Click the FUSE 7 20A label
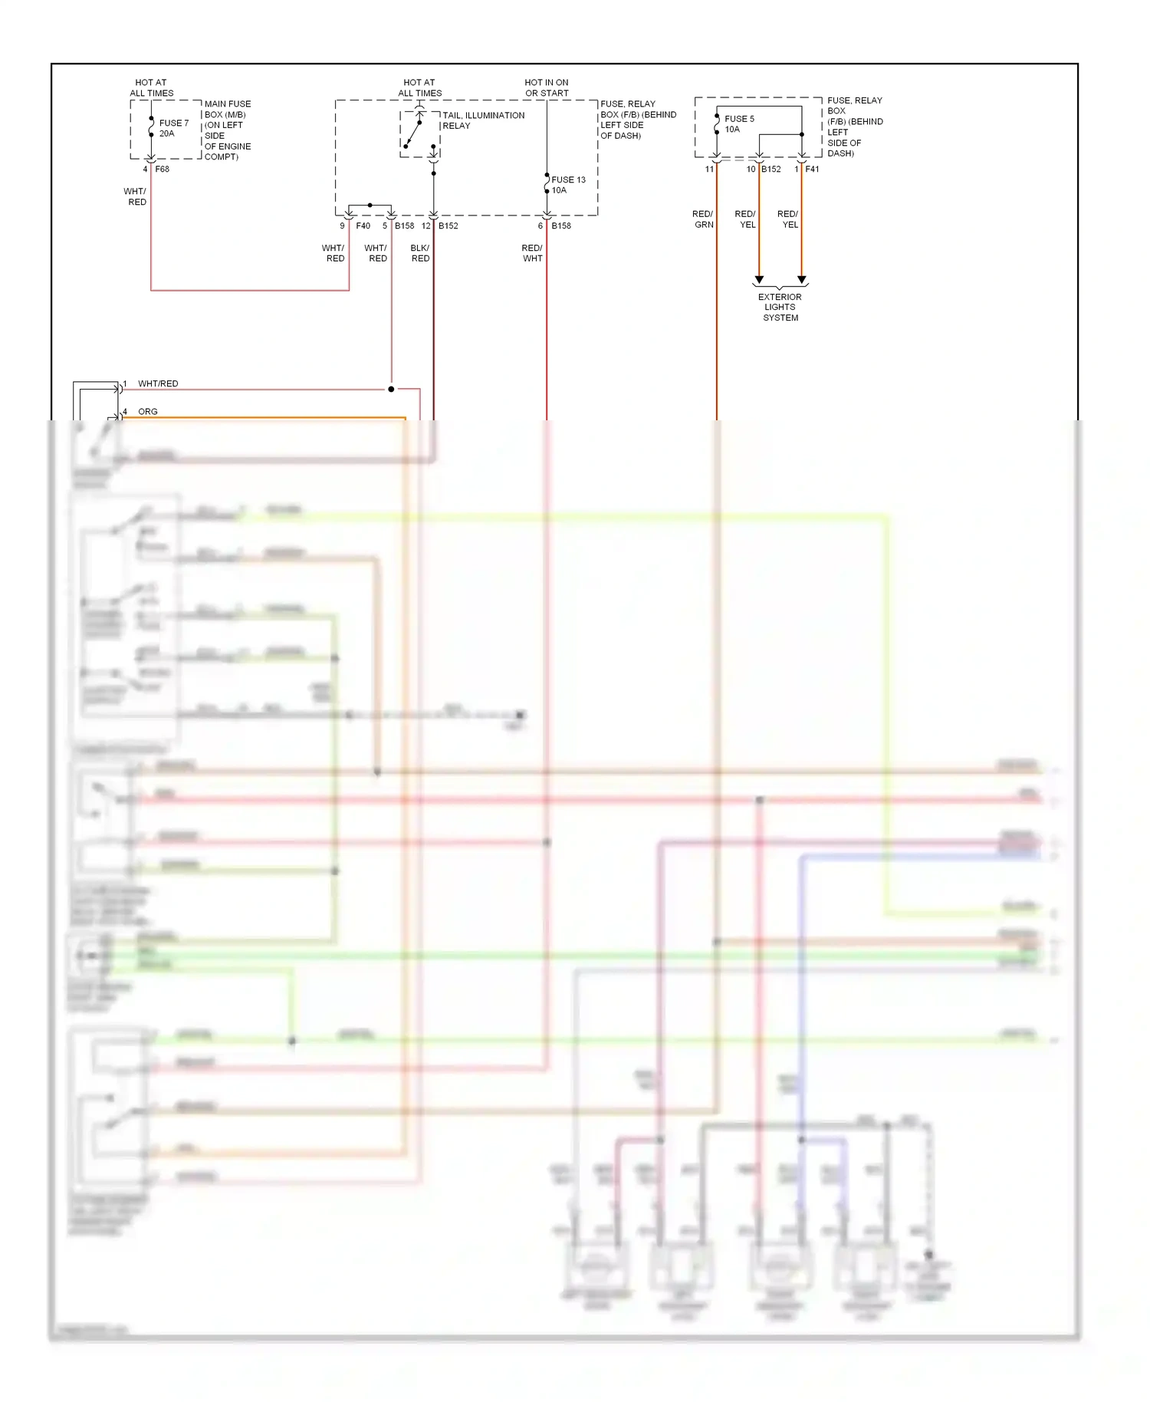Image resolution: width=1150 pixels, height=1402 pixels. tap(173, 128)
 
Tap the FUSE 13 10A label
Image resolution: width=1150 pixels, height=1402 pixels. tap(568, 185)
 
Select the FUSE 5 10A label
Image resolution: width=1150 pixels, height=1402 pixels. tap(739, 124)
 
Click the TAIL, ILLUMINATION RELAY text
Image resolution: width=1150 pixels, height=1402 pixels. tap(483, 120)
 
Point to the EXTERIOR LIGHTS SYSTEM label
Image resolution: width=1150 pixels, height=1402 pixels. tap(780, 307)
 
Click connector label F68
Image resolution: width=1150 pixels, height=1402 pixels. tap(162, 169)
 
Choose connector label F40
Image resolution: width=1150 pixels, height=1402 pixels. tap(363, 225)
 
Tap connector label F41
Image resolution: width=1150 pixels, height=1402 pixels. tap(812, 169)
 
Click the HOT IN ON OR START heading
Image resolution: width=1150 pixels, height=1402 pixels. tap(547, 87)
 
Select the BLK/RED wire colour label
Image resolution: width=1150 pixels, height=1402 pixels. tap(420, 253)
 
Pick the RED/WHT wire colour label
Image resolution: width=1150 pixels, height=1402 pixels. tap(532, 253)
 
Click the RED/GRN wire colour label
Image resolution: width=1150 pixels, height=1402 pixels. tap(703, 219)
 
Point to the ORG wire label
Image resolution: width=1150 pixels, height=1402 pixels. tap(148, 412)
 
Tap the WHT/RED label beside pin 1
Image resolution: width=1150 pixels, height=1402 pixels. tap(158, 383)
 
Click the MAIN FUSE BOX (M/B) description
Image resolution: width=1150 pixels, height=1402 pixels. tap(227, 130)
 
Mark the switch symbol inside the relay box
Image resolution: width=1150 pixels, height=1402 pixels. tap(414, 133)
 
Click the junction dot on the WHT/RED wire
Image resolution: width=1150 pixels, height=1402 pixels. tap(391, 390)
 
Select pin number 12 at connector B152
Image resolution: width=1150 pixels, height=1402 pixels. tap(426, 225)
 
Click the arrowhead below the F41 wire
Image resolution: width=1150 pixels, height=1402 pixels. tap(802, 280)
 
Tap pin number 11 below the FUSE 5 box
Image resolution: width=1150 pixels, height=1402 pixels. tap(709, 169)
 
